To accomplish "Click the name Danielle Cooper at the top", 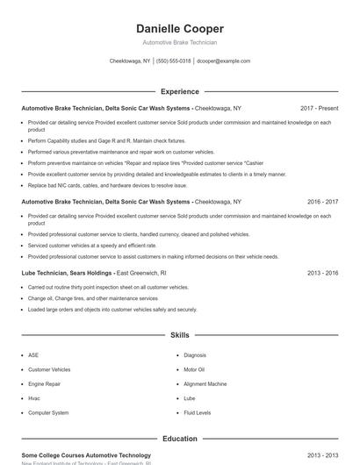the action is tap(180, 28).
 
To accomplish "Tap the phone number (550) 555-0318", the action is tap(174, 61).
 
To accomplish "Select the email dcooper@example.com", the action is tap(223, 61).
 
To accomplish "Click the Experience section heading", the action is tap(180, 91).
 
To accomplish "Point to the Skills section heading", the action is tap(180, 335).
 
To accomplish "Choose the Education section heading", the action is tap(180, 439).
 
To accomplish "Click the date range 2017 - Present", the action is tap(319, 108).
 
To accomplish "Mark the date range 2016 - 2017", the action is tap(322, 202).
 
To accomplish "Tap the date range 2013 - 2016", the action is tap(322, 273).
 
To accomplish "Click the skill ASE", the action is tap(33, 355).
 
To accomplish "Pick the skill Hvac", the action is tap(35, 398).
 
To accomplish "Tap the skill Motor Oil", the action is tap(194, 369).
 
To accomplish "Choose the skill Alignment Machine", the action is tap(205, 383).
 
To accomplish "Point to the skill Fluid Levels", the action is tap(197, 412).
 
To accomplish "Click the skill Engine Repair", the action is tap(44, 383).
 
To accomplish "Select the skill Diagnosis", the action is tap(195, 355).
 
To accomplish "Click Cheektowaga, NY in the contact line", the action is tap(130, 61).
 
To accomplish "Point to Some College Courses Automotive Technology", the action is tap(86, 455).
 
